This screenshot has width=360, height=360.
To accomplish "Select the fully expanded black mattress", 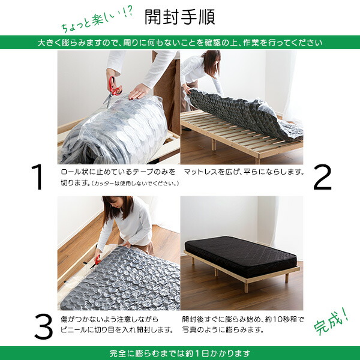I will (240, 254).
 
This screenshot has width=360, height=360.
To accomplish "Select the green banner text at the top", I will (180, 43).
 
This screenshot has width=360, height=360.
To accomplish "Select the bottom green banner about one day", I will (180, 353).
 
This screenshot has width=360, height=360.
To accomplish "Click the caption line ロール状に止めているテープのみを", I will (118, 172).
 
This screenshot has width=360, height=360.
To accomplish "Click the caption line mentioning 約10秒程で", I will (244, 319).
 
